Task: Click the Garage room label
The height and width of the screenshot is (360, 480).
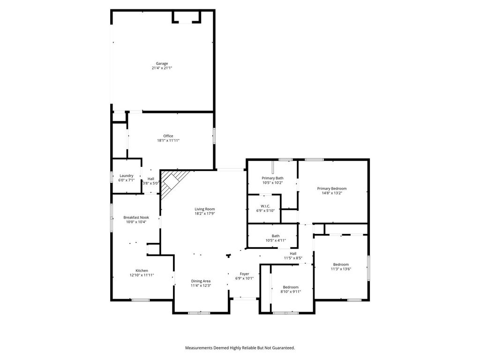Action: (x=162, y=64)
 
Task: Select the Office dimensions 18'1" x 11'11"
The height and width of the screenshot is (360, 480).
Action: (x=168, y=141)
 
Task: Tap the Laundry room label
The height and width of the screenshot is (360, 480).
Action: (x=127, y=176)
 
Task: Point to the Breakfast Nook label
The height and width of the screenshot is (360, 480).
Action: (x=136, y=217)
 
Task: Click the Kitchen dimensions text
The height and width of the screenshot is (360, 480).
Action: (x=142, y=275)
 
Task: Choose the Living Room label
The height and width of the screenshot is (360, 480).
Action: (x=205, y=209)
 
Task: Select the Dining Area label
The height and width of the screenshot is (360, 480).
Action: (x=201, y=281)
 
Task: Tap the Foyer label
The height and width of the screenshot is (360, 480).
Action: (x=244, y=274)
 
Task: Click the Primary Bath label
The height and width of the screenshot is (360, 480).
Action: (x=272, y=178)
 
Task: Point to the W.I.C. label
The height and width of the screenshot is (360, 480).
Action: (x=265, y=206)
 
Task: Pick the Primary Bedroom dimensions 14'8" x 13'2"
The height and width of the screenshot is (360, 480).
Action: (x=332, y=193)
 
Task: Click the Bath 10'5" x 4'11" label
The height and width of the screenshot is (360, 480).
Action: (x=276, y=238)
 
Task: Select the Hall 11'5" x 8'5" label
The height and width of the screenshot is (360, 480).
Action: (x=293, y=255)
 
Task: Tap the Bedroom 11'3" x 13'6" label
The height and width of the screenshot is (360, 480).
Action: (x=341, y=267)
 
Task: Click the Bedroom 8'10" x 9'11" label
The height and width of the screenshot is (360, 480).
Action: (x=291, y=289)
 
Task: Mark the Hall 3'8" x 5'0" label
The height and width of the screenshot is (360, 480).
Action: (x=151, y=181)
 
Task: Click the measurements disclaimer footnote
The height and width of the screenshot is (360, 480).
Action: (x=240, y=348)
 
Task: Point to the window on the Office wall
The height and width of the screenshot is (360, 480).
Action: (x=214, y=135)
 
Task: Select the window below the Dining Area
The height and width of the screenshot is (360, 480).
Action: (x=199, y=313)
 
